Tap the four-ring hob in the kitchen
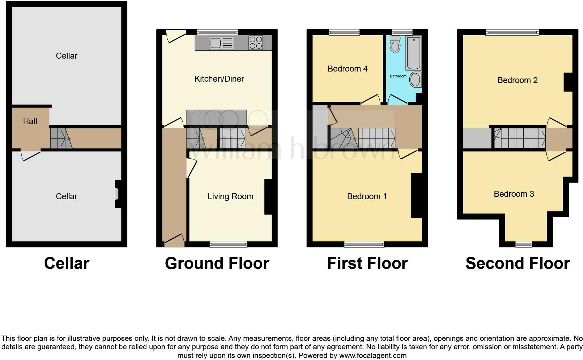[256, 43]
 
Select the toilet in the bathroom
[395, 45]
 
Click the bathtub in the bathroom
[414, 53]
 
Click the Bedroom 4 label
[347, 69]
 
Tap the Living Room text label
[230, 196]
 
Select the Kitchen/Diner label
[219, 79]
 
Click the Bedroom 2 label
[517, 80]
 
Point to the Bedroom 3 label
[514, 194]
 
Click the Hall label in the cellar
[30, 121]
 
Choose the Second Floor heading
[517, 263]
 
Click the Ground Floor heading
[217, 263]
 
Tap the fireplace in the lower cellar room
[118, 194]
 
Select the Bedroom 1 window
[364, 244]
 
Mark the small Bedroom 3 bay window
[524, 244]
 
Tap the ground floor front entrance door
[174, 241]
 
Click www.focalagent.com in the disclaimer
[373, 356]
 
